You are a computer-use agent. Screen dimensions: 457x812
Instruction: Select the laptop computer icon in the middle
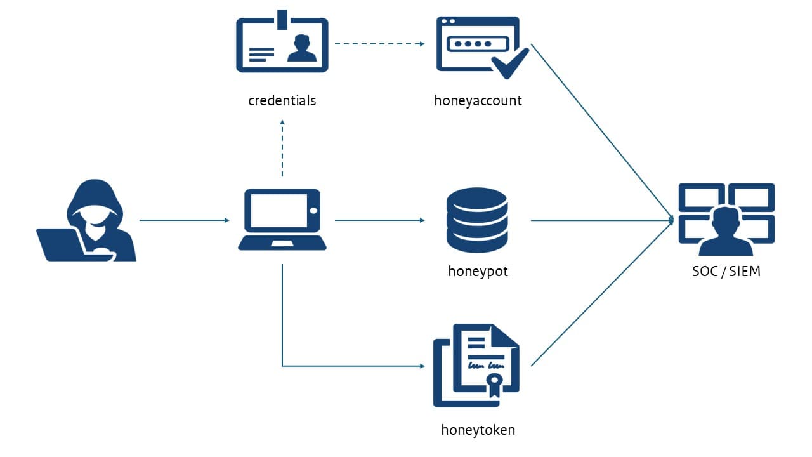pyautogui.click(x=282, y=220)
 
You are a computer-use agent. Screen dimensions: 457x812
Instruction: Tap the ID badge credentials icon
pyautogui.click(x=282, y=44)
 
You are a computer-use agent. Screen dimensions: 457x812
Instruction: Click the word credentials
pyautogui.click(x=282, y=100)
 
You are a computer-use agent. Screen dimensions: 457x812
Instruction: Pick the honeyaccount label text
pyautogui.click(x=478, y=100)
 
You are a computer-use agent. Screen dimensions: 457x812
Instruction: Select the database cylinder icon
pyautogui.click(x=477, y=220)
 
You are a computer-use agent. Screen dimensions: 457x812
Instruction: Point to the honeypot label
pyautogui.click(x=478, y=272)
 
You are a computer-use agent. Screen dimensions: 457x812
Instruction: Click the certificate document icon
pyautogui.click(x=476, y=365)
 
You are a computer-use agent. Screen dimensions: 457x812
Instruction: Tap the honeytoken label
pyautogui.click(x=478, y=430)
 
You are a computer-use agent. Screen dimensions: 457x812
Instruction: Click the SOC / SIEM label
pyautogui.click(x=726, y=272)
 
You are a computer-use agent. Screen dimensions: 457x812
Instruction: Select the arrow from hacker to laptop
pyautogui.click(x=184, y=220)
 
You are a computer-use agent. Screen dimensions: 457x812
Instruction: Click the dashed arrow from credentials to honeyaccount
pyautogui.click(x=379, y=44)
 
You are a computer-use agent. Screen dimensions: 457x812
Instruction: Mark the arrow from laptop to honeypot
pyautogui.click(x=379, y=220)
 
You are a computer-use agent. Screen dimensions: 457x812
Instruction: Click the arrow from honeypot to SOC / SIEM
pyautogui.click(x=601, y=220)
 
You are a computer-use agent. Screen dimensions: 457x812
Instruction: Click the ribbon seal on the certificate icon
pyautogui.click(x=494, y=382)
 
